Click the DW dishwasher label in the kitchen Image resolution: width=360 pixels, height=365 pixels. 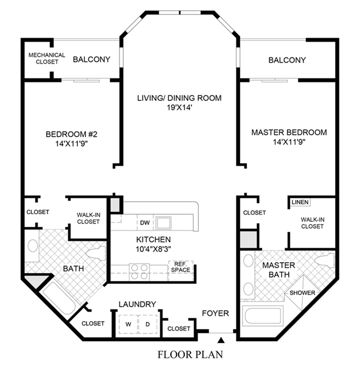point(145,222)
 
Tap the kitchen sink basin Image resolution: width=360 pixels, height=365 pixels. point(163,222)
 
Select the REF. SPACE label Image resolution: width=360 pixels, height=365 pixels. point(181,267)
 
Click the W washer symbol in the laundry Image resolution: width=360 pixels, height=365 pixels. point(128,324)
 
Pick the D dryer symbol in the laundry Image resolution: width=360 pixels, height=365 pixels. point(148,324)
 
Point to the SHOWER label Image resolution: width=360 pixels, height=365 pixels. point(302,293)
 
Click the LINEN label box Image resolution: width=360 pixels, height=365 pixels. point(300,202)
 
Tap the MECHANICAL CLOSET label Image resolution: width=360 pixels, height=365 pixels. point(47,59)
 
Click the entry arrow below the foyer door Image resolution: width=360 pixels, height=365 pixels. point(221,340)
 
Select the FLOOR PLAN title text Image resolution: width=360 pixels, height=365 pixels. point(190,354)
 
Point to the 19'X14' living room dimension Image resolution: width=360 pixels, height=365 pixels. point(179,108)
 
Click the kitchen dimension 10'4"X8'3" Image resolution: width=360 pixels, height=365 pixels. point(153,250)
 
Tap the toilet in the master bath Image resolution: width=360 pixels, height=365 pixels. point(325,260)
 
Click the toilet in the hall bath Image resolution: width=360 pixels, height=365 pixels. point(96,253)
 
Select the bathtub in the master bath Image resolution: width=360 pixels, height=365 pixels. point(263,317)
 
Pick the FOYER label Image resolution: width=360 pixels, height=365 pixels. point(215,313)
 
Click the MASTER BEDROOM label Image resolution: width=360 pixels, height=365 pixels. point(289,132)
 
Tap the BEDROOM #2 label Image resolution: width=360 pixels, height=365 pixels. point(72,134)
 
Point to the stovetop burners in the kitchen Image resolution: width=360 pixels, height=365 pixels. point(139,272)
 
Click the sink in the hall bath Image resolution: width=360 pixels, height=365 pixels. point(33,246)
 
